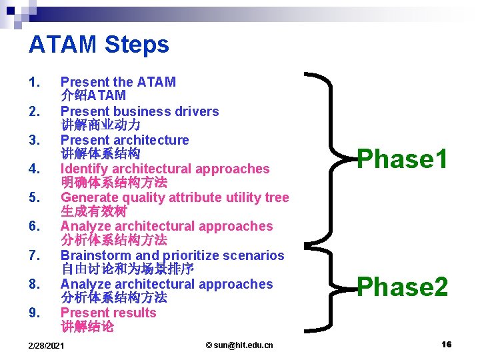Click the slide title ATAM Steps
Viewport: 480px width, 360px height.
pos(99,45)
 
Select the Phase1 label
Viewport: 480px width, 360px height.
pos(402,159)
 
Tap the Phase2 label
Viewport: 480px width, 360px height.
pos(402,287)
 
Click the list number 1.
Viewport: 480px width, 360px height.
pos(35,83)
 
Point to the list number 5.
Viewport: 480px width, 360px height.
pos(35,198)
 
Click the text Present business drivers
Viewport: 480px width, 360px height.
pos(139,111)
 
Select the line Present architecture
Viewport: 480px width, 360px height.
pos(125,140)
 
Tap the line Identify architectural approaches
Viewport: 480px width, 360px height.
pos(165,169)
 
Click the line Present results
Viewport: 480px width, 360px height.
pos(108,313)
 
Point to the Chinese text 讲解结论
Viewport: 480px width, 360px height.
pos(87,327)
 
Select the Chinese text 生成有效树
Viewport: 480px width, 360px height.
pos(94,211)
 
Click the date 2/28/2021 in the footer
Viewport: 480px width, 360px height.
pos(46,345)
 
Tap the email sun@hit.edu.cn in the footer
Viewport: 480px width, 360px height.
pos(239,345)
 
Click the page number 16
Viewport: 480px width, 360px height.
pos(446,344)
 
